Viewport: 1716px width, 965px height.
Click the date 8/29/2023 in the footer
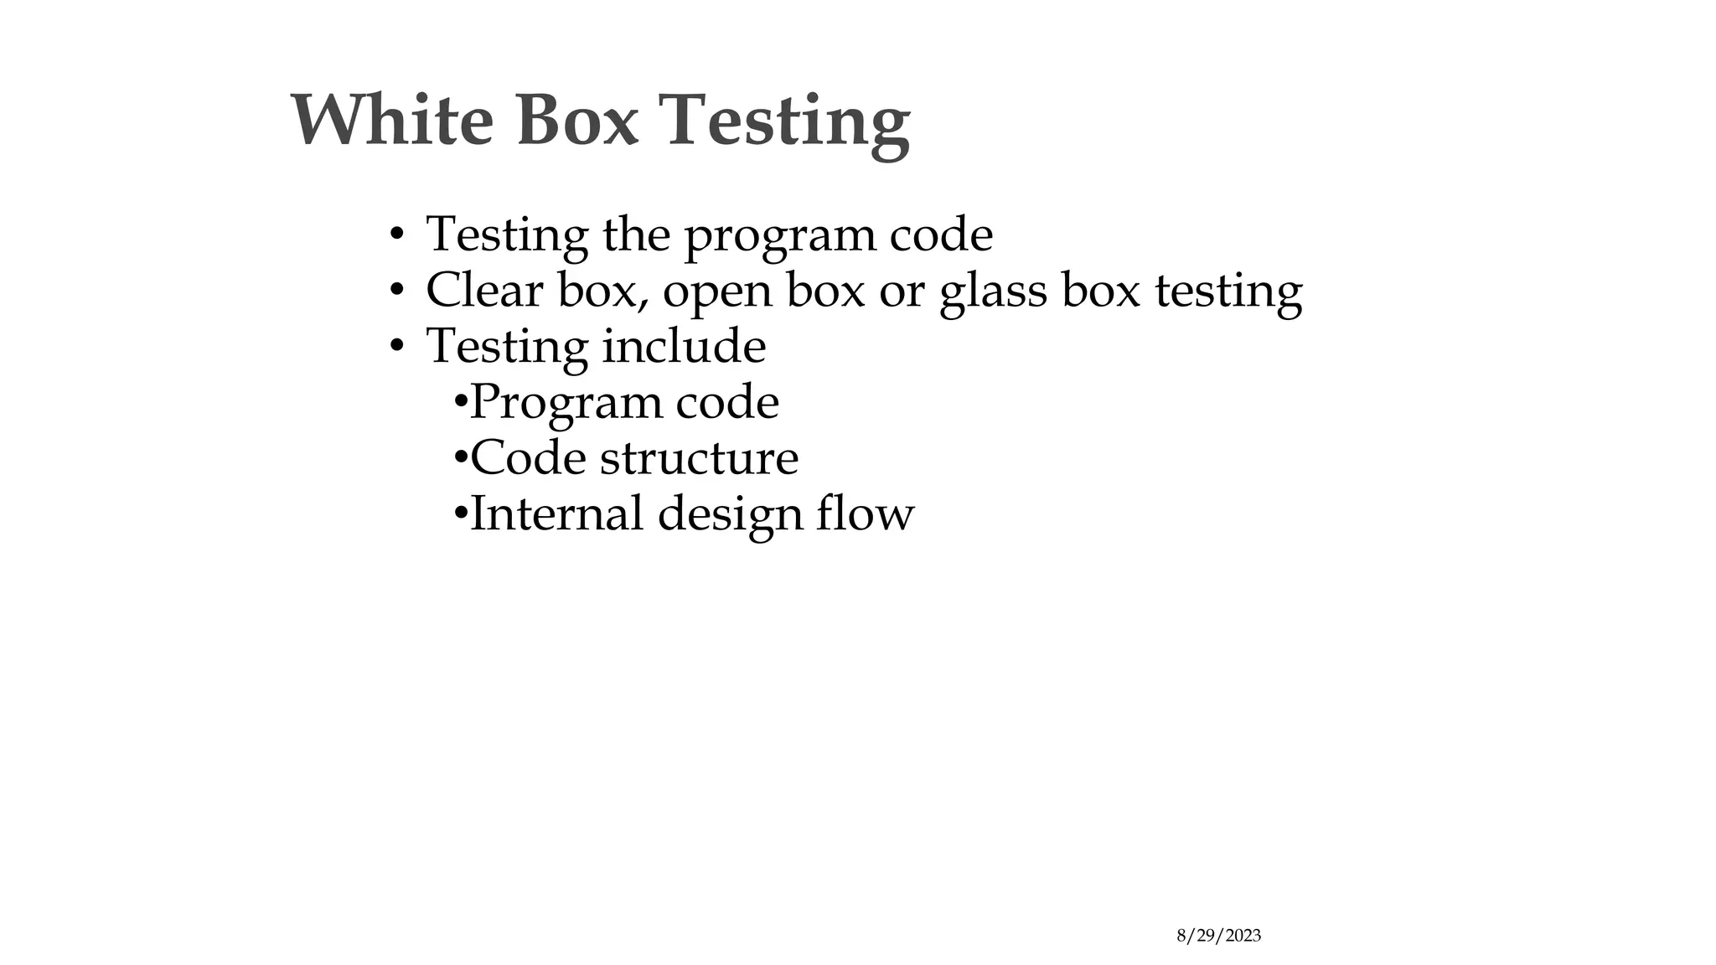coord(1218,936)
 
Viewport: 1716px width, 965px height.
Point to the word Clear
coord(484,290)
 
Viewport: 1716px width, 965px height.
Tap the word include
coord(684,345)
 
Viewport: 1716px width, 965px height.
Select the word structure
coord(699,457)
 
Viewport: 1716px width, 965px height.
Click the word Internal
coord(556,513)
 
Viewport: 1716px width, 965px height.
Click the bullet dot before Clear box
coord(397,291)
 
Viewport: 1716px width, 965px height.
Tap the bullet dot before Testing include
coord(397,346)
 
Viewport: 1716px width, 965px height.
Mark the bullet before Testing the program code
coord(397,235)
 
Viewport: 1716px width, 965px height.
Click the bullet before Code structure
coord(460,457)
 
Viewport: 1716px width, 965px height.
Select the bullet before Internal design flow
coord(460,513)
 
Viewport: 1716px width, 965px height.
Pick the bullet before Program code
coord(460,401)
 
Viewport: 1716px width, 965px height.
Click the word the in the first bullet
coord(636,234)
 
